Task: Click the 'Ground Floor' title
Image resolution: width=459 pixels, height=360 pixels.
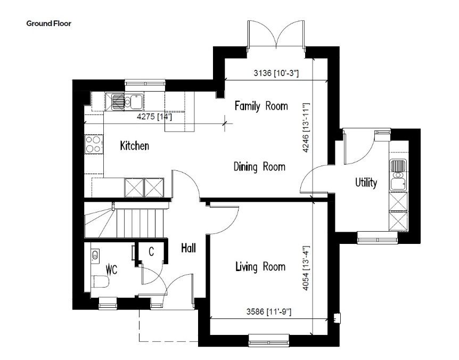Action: (48, 23)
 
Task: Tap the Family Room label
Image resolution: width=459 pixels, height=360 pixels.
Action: (261, 105)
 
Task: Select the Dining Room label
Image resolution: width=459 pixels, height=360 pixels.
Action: (259, 167)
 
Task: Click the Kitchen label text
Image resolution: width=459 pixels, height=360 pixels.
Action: (134, 145)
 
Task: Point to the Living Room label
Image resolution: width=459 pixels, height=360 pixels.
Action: (260, 267)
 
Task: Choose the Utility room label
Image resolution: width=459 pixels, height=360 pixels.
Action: (366, 183)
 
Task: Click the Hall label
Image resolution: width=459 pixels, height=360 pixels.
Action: (188, 248)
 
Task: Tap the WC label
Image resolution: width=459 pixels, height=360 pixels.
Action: (111, 269)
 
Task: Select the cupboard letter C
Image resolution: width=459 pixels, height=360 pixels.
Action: (151, 251)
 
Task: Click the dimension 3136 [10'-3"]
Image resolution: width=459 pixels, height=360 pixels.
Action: (276, 73)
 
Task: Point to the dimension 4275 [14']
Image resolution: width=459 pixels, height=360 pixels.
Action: (154, 117)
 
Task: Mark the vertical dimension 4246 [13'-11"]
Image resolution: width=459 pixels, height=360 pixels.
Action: (306, 127)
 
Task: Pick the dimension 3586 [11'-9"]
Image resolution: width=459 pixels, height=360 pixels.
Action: (269, 312)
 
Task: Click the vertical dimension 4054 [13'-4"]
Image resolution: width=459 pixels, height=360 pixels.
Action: (306, 268)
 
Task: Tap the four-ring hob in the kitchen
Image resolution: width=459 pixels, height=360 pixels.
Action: (94, 144)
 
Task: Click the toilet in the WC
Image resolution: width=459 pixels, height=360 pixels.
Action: (101, 282)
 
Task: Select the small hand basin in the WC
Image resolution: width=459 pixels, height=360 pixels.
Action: (95, 255)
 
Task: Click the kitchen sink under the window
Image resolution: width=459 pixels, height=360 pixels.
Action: (128, 101)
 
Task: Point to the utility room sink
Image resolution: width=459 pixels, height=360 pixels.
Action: (398, 175)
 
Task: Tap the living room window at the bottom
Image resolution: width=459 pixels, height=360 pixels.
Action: (269, 340)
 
